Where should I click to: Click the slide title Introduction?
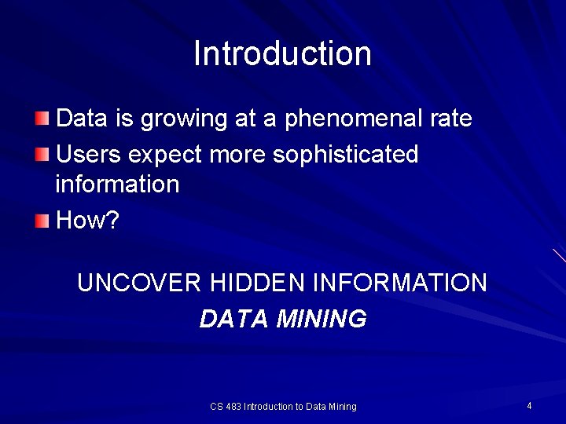(282, 54)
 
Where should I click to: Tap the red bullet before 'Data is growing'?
(42, 119)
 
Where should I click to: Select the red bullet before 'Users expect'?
(42, 154)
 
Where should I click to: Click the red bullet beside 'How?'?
(42, 221)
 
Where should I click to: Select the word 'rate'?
(450, 119)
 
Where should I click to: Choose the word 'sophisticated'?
(345, 155)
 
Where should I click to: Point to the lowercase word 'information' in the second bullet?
(117, 185)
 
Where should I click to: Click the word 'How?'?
(87, 221)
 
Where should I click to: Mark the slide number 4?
(529, 405)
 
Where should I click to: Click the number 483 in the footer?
(233, 407)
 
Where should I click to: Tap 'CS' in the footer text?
(216, 407)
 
